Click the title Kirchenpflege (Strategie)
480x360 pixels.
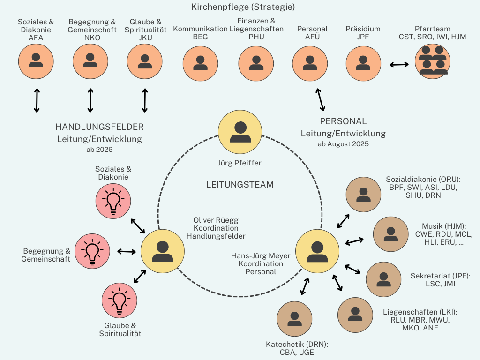243,7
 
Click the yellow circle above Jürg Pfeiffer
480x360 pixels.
240,133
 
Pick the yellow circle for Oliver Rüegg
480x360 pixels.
163,251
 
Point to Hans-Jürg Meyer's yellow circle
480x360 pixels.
317,251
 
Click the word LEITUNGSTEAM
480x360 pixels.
240,184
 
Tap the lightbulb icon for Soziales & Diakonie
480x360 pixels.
113,200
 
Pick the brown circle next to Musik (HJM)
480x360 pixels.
390,233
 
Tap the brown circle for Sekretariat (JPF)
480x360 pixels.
383,279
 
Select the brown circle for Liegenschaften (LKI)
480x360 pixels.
355,315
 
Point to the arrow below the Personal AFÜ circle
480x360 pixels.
320,99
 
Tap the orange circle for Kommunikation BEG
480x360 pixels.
200,63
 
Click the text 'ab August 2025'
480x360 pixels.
343,144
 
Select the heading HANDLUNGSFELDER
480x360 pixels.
99,127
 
